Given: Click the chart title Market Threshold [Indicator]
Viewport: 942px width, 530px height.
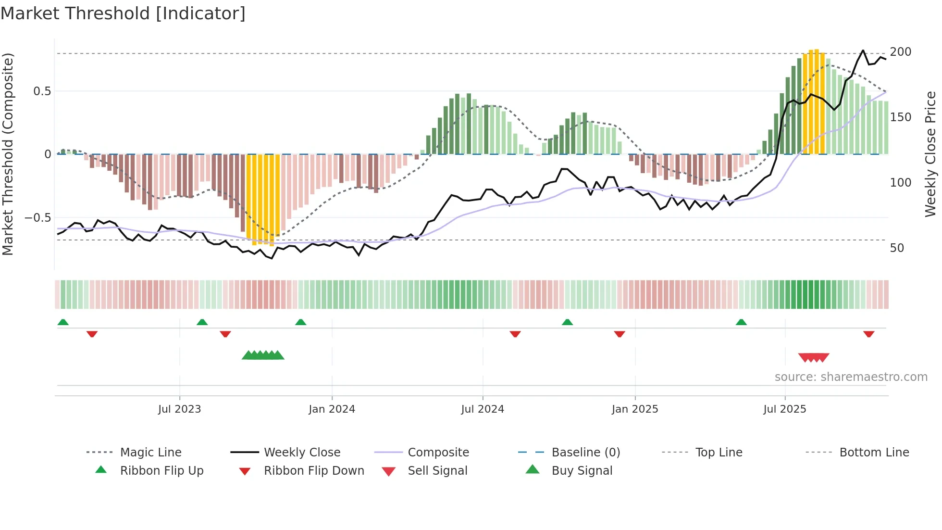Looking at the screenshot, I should [123, 13].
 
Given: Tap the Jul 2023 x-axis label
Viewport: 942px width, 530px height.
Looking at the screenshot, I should [179, 409].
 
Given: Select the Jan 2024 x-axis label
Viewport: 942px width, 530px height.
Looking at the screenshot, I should [332, 409].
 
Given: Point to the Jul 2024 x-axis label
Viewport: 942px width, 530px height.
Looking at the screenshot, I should [483, 409].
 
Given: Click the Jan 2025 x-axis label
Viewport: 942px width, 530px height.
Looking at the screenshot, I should [635, 409].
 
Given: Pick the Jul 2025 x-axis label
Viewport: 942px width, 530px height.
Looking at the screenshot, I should [785, 409].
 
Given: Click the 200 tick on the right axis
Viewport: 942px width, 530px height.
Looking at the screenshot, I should [901, 52].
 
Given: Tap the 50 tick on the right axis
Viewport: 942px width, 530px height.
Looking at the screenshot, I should [897, 248].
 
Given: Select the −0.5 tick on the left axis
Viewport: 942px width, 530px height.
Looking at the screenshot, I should [38, 218].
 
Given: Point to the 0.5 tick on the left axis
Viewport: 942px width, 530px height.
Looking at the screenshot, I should [42, 91].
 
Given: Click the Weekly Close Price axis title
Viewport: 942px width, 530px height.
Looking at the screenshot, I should [930, 154].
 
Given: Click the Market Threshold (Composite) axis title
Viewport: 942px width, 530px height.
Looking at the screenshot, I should [8, 154].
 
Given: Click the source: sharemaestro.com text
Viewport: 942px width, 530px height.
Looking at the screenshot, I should [851, 377].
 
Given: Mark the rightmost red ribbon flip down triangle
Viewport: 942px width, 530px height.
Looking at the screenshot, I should [868, 334].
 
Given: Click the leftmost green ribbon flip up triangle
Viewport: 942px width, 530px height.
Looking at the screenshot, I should [63, 322].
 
